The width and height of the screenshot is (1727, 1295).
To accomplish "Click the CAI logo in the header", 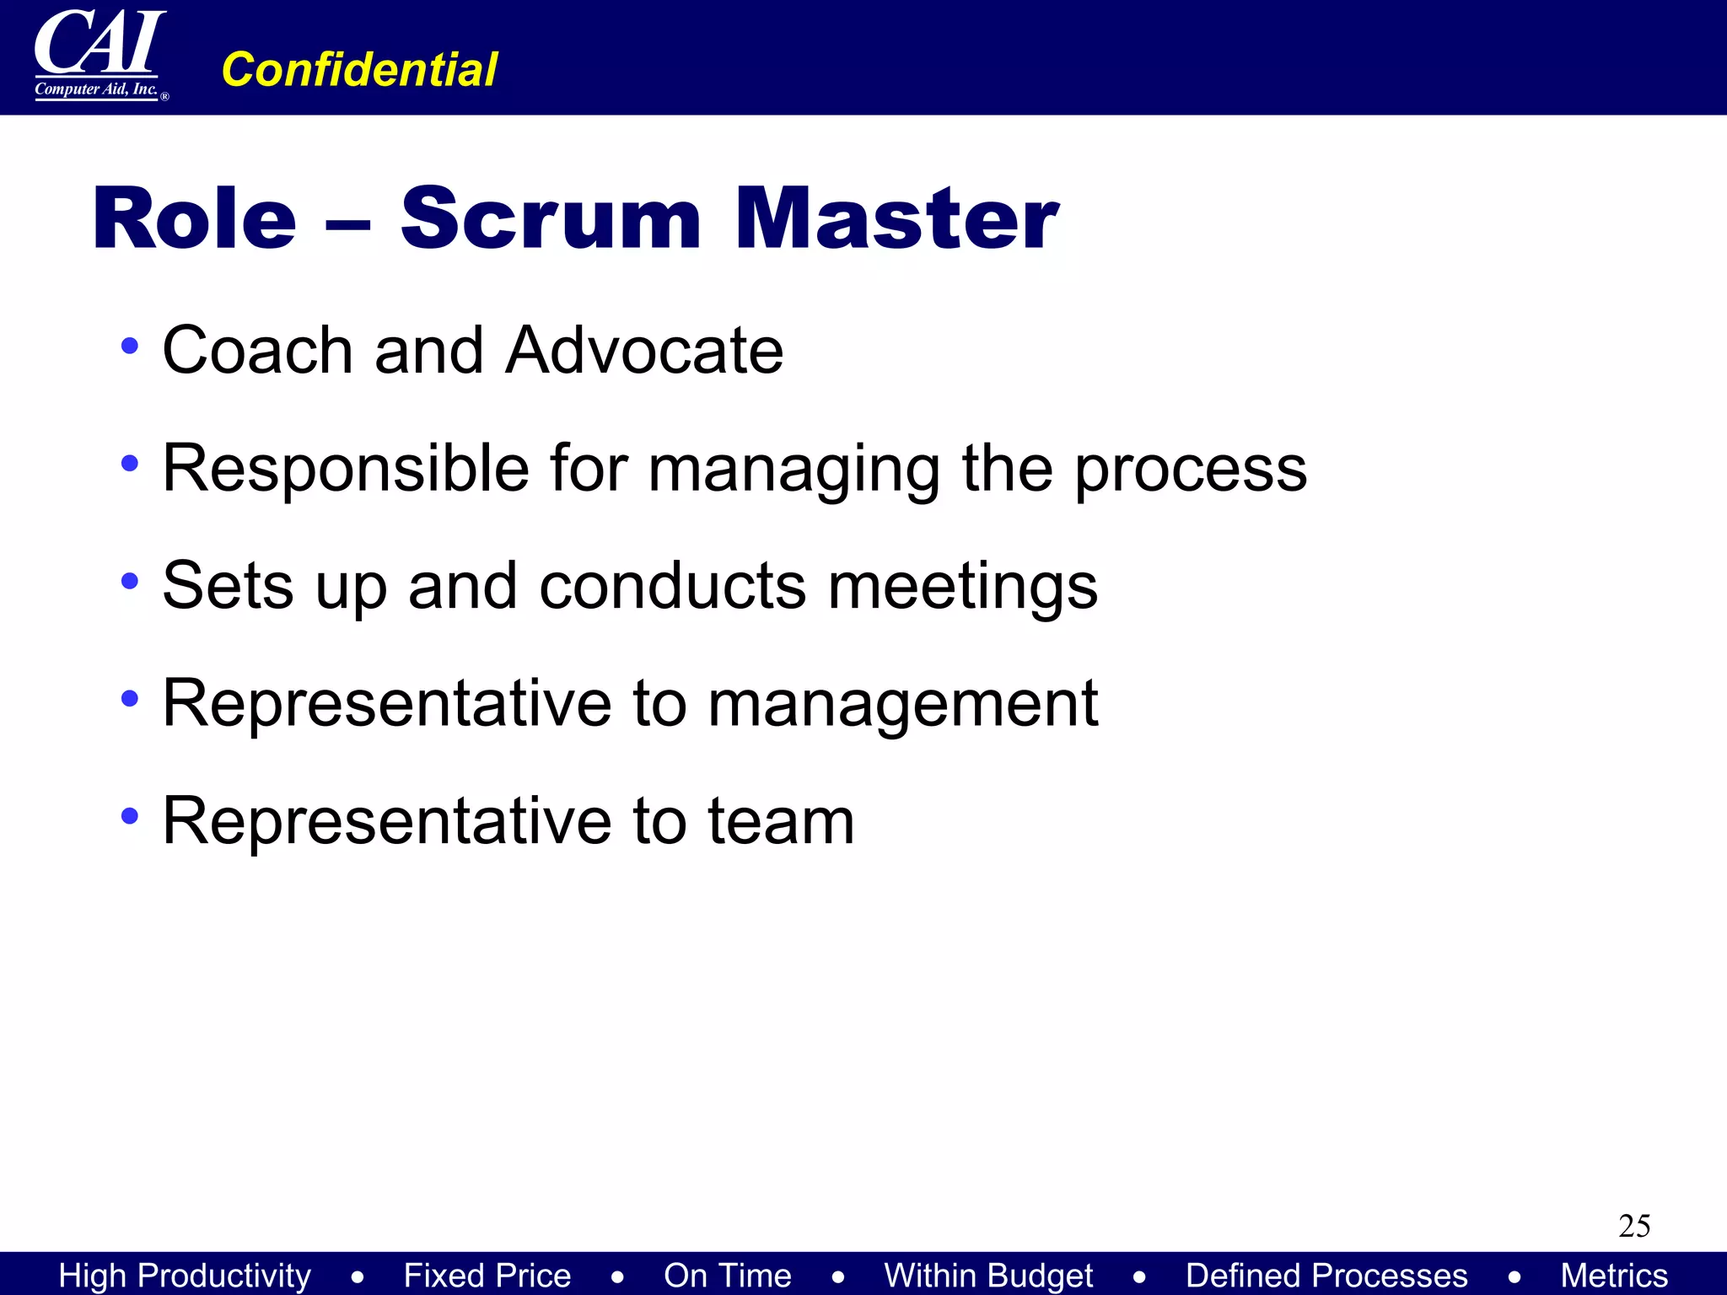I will point(100,55).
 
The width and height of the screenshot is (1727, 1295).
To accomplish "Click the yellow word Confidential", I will point(359,69).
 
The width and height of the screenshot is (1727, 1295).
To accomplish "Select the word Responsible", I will point(345,469).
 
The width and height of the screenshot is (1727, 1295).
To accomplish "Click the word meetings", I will point(962,587).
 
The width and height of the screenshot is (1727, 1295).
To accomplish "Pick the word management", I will point(902,705).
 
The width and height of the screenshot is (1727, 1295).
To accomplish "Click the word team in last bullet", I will point(780,821).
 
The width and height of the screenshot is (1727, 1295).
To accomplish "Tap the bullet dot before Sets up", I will point(129,581).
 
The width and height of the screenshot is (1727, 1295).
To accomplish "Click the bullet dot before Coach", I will point(129,345).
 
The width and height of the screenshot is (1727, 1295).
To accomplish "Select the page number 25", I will point(1633,1226).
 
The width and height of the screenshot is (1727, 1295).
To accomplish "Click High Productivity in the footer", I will point(185,1276).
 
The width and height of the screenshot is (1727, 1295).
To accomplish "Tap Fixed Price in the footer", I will point(487,1276).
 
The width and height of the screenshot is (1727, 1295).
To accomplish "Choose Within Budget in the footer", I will point(988,1276).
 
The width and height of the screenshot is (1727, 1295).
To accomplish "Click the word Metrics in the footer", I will point(1614,1276).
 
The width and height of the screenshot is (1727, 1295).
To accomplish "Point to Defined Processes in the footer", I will point(1326,1276).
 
